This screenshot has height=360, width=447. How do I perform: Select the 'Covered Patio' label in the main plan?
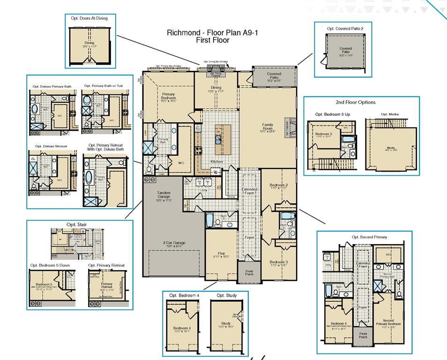(274, 75)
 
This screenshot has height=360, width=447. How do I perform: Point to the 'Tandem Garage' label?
(164, 195)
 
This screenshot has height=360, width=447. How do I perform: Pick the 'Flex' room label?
(221, 253)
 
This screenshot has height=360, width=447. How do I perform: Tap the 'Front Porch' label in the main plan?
(246, 273)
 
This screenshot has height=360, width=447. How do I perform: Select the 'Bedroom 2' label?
(279, 186)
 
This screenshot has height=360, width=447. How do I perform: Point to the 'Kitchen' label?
(216, 161)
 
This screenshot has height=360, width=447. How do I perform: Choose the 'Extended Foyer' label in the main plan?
(249, 191)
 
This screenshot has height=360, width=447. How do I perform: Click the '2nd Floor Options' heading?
(355, 102)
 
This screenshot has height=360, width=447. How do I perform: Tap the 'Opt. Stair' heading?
(76, 225)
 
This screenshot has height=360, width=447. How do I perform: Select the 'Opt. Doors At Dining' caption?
(89, 18)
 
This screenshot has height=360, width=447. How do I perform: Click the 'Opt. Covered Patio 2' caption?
(345, 29)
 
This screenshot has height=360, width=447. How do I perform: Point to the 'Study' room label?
(226, 323)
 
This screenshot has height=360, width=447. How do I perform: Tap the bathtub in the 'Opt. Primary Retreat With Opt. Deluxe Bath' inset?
(90, 179)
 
